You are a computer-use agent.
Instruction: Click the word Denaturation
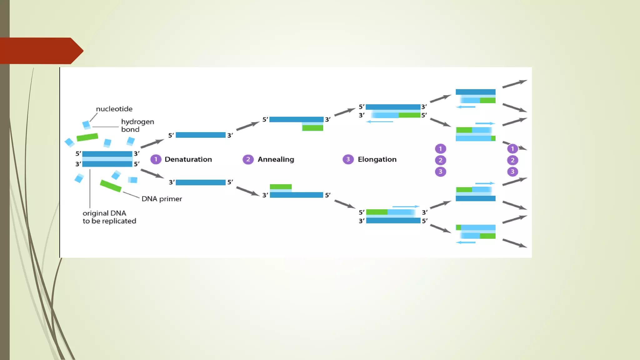(188, 159)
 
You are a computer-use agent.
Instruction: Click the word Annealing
(276, 159)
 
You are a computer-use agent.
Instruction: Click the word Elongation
(377, 159)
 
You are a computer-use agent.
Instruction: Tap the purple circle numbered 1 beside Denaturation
(156, 159)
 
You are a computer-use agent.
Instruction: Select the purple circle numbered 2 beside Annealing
(248, 159)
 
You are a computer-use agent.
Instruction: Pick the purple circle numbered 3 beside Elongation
(348, 159)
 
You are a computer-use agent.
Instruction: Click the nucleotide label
(114, 109)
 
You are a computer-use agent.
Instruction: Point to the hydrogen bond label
(137, 125)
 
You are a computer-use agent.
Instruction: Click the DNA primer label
(162, 199)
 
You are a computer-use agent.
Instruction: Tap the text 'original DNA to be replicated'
(109, 217)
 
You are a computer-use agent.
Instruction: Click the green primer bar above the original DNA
(87, 137)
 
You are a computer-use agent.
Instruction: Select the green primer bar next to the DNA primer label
(111, 186)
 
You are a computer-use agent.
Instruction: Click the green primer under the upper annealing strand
(312, 128)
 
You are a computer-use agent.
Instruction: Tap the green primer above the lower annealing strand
(281, 187)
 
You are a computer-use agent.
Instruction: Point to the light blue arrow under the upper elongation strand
(379, 122)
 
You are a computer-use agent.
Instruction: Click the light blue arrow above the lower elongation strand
(406, 207)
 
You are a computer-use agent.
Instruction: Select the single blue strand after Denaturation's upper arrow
(200, 135)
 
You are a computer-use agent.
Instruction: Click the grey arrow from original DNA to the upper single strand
(152, 143)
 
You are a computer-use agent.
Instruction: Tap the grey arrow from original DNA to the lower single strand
(152, 173)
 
